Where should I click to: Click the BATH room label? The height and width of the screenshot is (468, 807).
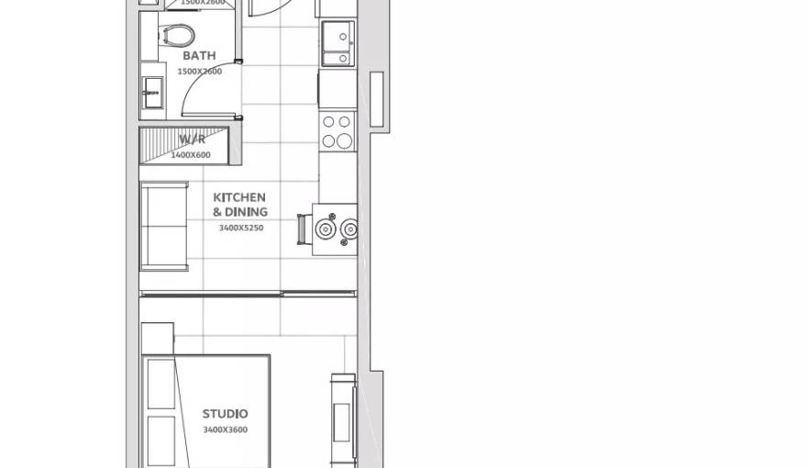199,56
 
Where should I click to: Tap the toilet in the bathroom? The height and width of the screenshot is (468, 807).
178,35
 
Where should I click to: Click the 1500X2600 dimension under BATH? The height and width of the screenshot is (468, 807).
199,72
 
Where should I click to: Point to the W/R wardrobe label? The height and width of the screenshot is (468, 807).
192,139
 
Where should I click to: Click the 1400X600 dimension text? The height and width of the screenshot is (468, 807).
191,155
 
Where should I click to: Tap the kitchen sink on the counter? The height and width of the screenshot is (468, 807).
337,43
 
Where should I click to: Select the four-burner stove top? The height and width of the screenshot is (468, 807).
337,131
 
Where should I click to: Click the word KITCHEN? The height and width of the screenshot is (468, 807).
239,197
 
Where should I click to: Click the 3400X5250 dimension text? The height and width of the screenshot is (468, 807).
240,228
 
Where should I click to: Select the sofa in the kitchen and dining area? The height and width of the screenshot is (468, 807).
163,226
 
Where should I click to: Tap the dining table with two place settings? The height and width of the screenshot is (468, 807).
336,228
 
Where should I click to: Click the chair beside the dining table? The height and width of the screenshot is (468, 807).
302,228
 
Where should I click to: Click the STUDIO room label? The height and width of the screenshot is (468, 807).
225,414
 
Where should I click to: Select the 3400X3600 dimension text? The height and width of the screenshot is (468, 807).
225,429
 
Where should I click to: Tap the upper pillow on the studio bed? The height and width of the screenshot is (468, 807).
160,384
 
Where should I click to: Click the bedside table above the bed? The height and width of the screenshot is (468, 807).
157,338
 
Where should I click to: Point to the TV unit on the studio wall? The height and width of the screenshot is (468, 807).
343,418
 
